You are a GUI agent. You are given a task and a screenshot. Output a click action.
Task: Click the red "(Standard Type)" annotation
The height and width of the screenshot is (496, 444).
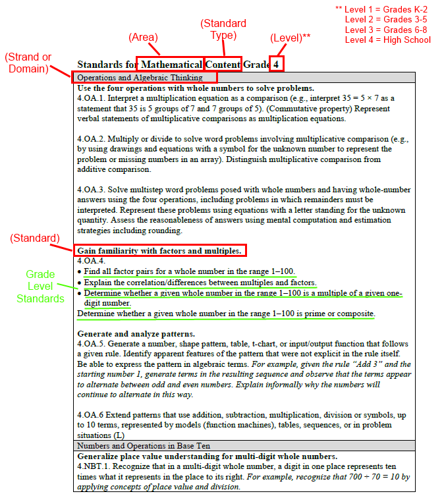pyautogui.click(x=223, y=30)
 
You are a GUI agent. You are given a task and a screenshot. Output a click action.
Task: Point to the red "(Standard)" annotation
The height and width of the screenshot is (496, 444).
pyautogui.click(x=35, y=238)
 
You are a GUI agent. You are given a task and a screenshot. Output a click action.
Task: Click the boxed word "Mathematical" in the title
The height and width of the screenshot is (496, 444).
pyautogui.click(x=171, y=65)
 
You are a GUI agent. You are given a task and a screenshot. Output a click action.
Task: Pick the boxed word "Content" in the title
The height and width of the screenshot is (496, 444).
pyautogui.click(x=223, y=65)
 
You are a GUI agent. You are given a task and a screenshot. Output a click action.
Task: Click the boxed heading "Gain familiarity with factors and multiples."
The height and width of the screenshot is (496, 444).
pyautogui.click(x=160, y=250)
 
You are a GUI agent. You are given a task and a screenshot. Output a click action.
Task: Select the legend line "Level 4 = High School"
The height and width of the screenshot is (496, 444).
pyautogui.click(x=387, y=40)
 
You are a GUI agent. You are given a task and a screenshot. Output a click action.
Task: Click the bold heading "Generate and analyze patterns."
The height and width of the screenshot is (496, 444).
pyautogui.click(x=136, y=334)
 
